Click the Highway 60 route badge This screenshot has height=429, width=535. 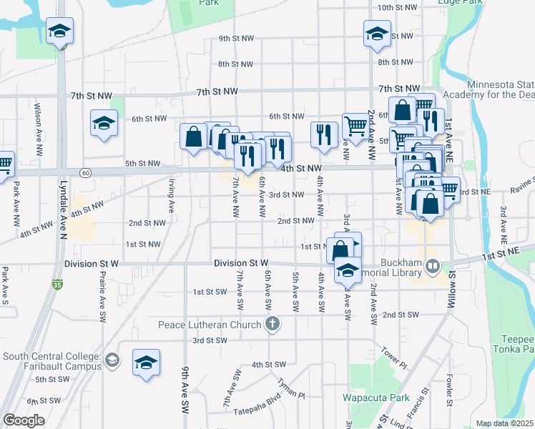point(86,172)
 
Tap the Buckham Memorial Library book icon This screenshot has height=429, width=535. point(432,267)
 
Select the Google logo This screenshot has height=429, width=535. point(24,420)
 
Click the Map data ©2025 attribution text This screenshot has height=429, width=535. point(504,423)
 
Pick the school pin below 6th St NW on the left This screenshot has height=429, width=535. point(104,122)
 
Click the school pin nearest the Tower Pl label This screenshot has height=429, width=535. point(348,270)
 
